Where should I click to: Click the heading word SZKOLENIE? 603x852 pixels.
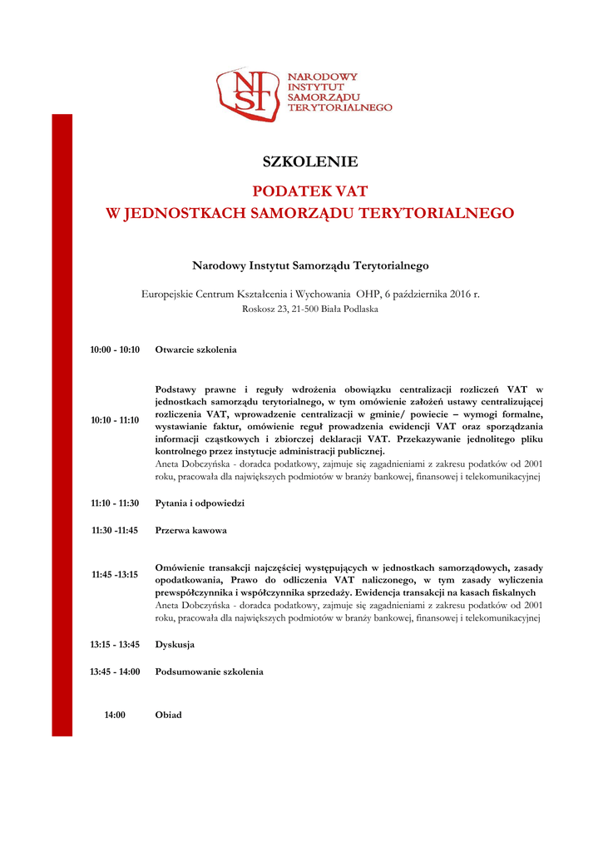click(x=309, y=161)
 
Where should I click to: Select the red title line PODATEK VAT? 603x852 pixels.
click(x=309, y=191)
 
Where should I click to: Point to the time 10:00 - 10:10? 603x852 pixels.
click(x=115, y=350)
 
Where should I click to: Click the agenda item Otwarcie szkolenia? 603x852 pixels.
click(x=195, y=350)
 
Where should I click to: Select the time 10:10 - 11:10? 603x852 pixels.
click(x=115, y=420)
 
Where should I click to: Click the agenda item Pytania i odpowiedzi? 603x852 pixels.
click(x=200, y=503)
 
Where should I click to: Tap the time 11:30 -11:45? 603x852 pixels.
click(x=115, y=530)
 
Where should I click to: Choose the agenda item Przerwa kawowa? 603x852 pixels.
click(x=191, y=530)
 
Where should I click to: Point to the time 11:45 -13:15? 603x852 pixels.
click(x=115, y=574)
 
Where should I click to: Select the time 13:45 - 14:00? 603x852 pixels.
click(x=115, y=671)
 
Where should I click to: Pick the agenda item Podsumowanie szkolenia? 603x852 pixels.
click(x=209, y=671)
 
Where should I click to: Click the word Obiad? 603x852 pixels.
click(x=168, y=715)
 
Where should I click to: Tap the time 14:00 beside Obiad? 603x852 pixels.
click(x=115, y=715)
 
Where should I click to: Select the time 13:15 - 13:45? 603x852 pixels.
click(x=115, y=645)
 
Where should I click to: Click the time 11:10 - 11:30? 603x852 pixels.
click(x=115, y=503)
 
